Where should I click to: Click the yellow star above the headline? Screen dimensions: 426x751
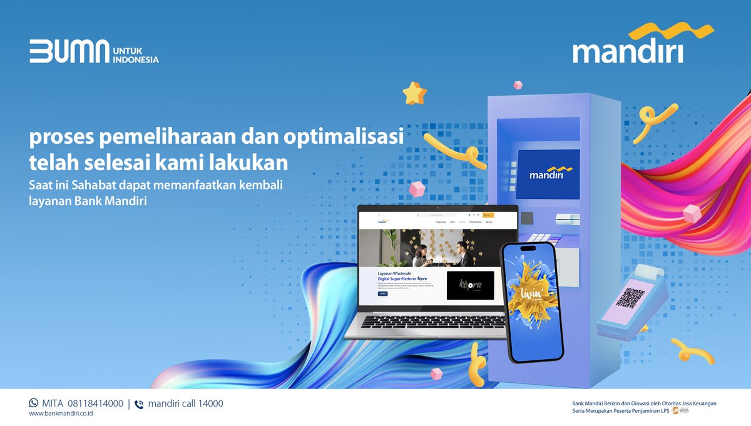coord(414,93)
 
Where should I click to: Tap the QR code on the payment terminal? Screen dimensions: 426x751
coord(630,298)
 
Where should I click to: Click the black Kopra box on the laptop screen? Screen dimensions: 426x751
coord(470,285)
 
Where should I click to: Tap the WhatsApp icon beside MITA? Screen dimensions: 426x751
coord(34,403)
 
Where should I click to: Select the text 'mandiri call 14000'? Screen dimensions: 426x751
coord(185,403)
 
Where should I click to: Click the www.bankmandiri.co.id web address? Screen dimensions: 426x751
coord(61,413)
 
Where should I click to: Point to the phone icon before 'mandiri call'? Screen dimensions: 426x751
coord(139,404)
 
